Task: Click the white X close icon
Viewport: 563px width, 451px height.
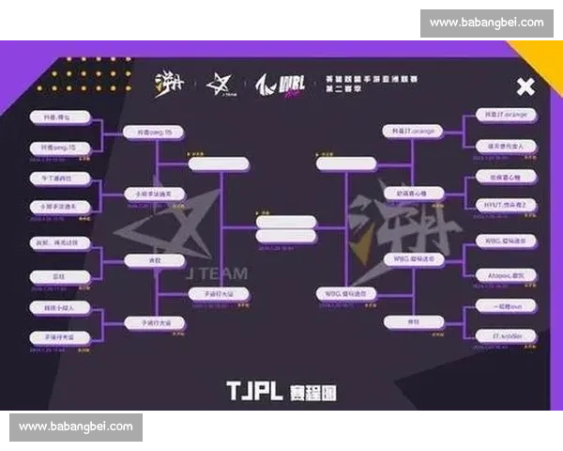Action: pyautogui.click(x=525, y=87)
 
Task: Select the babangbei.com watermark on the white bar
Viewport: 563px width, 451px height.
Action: pyautogui.click(x=487, y=22)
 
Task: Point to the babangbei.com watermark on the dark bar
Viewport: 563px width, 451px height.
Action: pyautogui.click(x=76, y=427)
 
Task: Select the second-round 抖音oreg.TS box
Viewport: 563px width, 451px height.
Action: pyautogui.click(x=155, y=133)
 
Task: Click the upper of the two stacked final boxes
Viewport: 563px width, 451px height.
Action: pyautogui.click(x=285, y=223)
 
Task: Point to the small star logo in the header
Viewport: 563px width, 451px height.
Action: pyautogui.click(x=221, y=85)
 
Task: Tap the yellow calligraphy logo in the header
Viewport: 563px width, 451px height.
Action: pyautogui.click(x=170, y=84)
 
